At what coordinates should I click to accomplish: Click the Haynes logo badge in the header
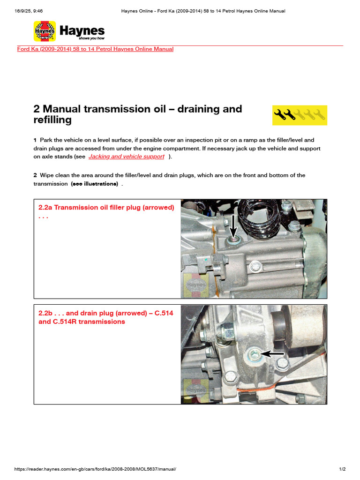tap(45, 31)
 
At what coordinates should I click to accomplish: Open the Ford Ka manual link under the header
tap(95, 49)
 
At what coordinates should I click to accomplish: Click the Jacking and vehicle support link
tap(127, 157)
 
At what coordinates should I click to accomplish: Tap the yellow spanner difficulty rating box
tap(300, 115)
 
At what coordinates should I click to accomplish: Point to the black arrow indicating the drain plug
tap(273, 353)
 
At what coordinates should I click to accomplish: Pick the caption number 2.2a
tap(45, 208)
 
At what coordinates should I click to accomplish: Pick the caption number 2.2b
tap(45, 313)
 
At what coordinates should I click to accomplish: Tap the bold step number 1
tap(35, 140)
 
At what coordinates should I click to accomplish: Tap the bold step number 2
tap(35, 175)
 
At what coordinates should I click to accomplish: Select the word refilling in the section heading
tap(52, 120)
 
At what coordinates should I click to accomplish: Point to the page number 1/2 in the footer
tap(342, 469)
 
